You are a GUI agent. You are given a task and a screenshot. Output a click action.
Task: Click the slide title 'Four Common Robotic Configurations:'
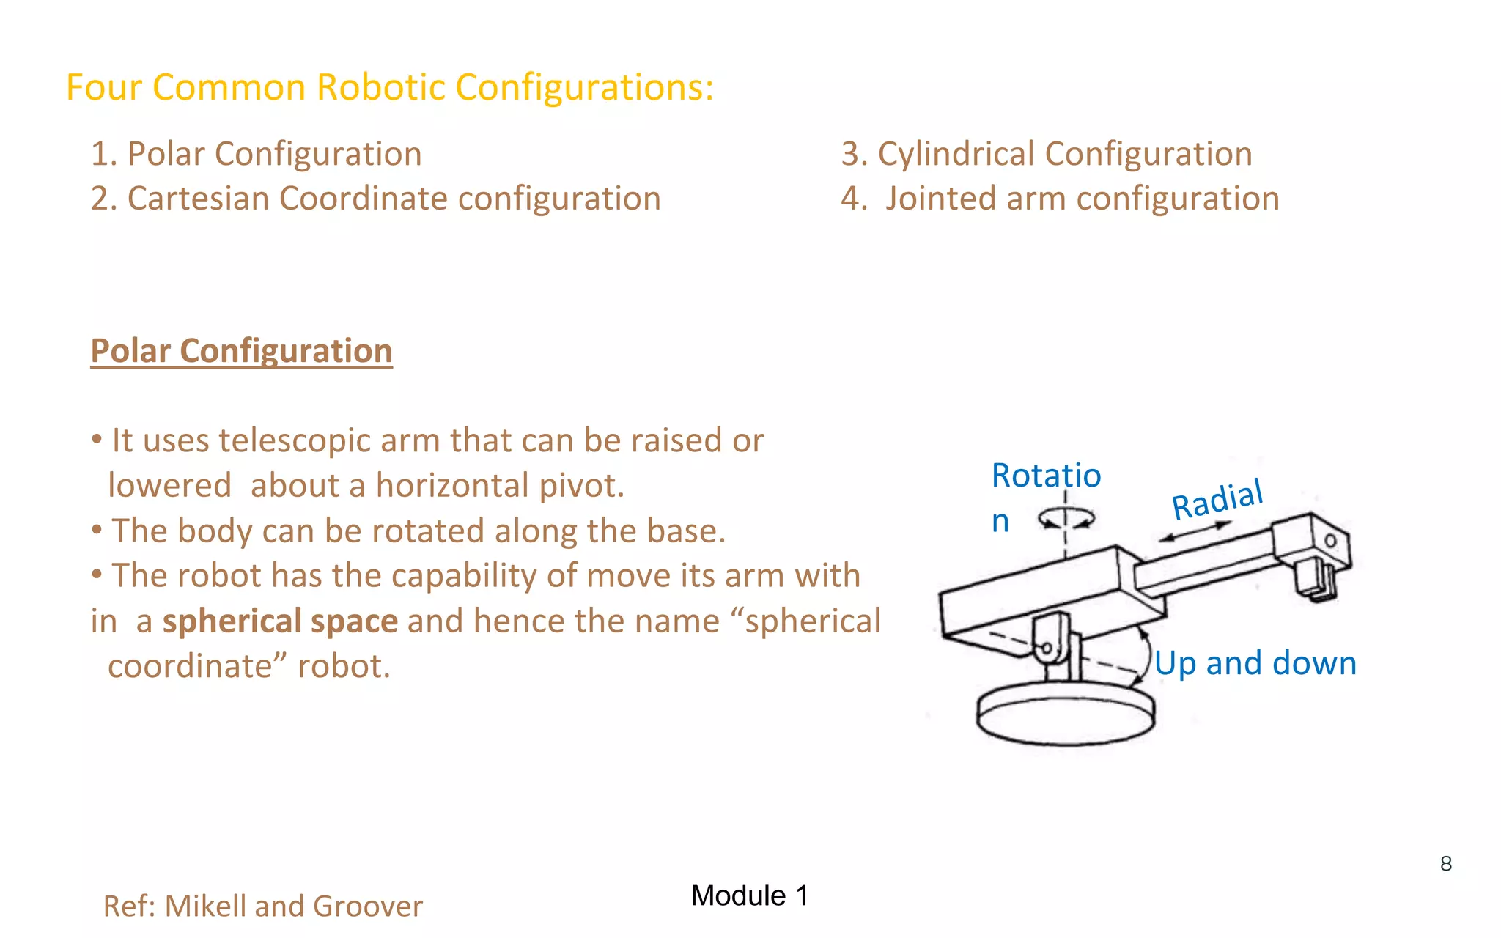click(389, 87)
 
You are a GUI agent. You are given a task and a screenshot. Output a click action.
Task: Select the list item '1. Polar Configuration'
click(256, 154)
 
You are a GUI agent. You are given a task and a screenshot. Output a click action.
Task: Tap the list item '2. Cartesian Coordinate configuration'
click(375, 199)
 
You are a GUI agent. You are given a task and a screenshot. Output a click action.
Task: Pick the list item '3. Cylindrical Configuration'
click(1046, 154)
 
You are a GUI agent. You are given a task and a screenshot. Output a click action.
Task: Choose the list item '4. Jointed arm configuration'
click(1060, 199)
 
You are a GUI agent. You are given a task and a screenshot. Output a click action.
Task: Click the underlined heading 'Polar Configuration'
click(241, 350)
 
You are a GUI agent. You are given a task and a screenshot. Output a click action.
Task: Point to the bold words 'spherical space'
click(280, 621)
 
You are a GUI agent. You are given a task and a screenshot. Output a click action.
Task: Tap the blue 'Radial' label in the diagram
click(1217, 500)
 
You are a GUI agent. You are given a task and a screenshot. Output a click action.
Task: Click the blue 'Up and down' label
click(1255, 663)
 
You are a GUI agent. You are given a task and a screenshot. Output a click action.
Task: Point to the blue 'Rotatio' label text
click(1046, 476)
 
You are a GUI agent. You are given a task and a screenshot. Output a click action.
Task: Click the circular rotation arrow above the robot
click(1066, 519)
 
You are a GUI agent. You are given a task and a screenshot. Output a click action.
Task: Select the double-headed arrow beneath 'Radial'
click(1195, 531)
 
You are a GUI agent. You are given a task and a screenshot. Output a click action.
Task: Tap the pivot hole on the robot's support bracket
click(1047, 649)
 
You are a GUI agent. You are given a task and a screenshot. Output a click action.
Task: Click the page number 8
click(1445, 863)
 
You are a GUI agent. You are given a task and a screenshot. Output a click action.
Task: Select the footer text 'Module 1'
click(749, 895)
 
